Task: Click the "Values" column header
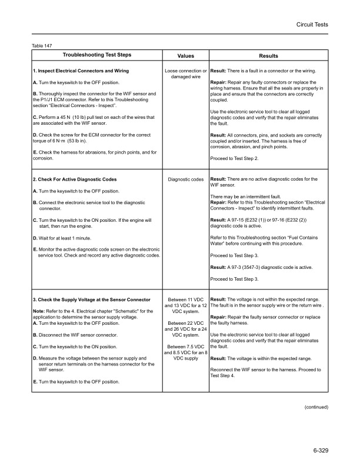[x=185, y=55]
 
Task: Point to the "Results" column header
[x=268, y=55]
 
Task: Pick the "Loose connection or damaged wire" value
[x=186, y=74]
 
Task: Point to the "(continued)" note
[x=315, y=406]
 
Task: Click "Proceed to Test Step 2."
[x=237, y=158]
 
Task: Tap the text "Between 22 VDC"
[x=186, y=323]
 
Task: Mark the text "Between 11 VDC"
[x=186, y=300]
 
